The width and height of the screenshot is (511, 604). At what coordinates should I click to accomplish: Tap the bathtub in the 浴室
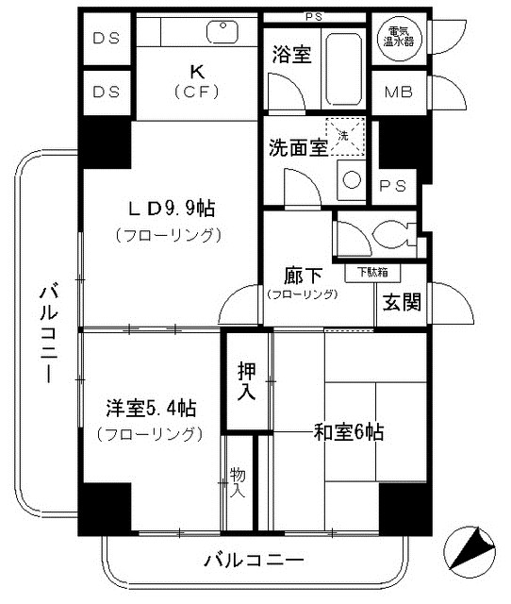coord(345,69)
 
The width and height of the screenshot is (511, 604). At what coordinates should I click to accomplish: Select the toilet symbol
coord(387,233)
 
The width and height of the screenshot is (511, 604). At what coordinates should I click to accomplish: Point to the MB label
coord(397,92)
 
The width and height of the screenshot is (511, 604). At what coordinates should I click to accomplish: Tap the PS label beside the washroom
coord(392,186)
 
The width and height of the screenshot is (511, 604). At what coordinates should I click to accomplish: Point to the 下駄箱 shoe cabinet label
coord(377,273)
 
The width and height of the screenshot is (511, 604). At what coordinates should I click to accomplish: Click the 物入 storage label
coord(238,482)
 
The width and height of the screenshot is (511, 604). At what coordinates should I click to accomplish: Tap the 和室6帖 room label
coord(348,433)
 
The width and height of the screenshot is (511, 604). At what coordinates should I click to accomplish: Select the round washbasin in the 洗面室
coord(351,178)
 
